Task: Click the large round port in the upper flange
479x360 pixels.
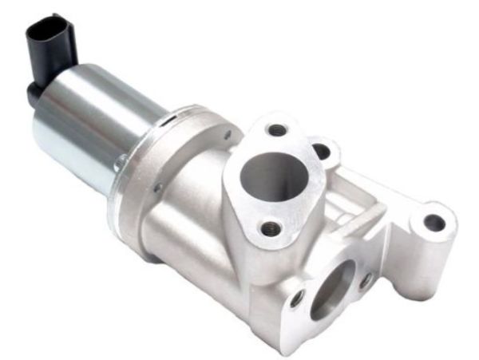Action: pyautogui.click(x=274, y=172)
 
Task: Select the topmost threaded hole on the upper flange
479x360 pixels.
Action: pyautogui.click(x=276, y=129)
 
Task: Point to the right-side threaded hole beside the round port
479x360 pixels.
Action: pyautogui.click(x=321, y=150)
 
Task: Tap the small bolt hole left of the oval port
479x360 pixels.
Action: pyautogui.click(x=296, y=298)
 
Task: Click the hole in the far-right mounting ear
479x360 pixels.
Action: pyautogui.click(x=433, y=223)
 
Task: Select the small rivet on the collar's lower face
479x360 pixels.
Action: pyautogui.click(x=156, y=188)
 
